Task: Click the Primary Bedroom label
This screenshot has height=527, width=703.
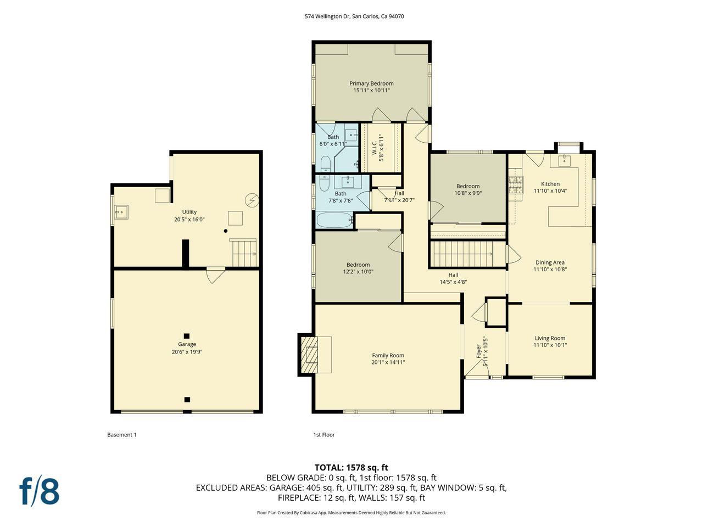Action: pyautogui.click(x=371, y=83)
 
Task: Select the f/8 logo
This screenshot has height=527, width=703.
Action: pyautogui.click(x=40, y=491)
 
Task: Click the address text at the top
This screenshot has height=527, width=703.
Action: pyautogui.click(x=354, y=16)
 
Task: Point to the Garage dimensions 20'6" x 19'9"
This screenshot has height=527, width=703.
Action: pyautogui.click(x=187, y=352)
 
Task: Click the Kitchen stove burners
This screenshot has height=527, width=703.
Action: pyautogui.click(x=516, y=184)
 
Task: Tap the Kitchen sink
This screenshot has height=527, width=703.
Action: pyautogui.click(x=564, y=160)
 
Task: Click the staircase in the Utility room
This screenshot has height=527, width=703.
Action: pyautogui.click(x=243, y=253)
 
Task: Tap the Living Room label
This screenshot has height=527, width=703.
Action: pyautogui.click(x=550, y=338)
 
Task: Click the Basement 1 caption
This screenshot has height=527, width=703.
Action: pyautogui.click(x=121, y=435)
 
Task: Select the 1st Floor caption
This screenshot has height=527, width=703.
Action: pyautogui.click(x=323, y=435)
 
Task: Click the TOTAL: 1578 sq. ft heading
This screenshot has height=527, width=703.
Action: pyautogui.click(x=351, y=468)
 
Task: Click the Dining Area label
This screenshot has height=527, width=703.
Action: pyautogui.click(x=550, y=262)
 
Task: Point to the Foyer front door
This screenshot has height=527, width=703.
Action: pyautogui.click(x=477, y=373)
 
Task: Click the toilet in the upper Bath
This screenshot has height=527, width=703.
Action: pyautogui.click(x=325, y=164)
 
